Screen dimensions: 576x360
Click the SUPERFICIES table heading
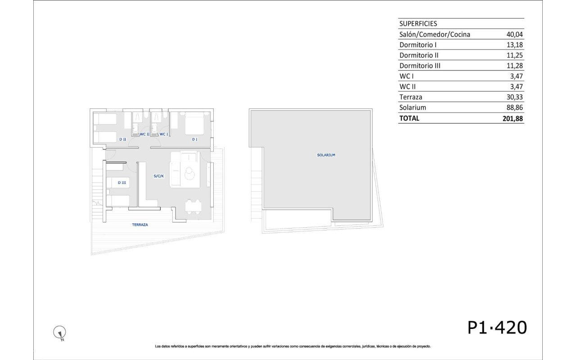coord(418,24)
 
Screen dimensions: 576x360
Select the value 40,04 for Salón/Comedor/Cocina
coord(514,35)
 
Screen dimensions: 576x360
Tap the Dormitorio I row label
coord(418,45)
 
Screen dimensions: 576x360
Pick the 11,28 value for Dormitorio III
coord(514,66)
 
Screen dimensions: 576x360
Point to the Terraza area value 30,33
coord(514,97)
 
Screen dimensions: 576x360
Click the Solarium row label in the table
coord(413,108)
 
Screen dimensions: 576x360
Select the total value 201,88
coord(513,118)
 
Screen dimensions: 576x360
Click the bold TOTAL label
coord(409,118)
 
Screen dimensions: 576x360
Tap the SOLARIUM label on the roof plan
coord(326,155)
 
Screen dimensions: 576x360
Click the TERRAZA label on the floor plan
coord(140,225)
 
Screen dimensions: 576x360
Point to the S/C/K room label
coord(159,176)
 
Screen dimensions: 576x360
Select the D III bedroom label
coord(122,183)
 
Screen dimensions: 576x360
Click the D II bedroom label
coord(123,139)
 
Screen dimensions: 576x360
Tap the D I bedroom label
coord(195,139)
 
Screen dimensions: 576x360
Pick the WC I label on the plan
coord(164,134)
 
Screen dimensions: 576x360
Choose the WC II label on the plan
coord(144,134)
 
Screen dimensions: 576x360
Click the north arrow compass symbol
coord(60,333)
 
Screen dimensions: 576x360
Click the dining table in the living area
coord(193,207)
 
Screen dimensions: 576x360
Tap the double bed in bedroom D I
coord(194,124)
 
